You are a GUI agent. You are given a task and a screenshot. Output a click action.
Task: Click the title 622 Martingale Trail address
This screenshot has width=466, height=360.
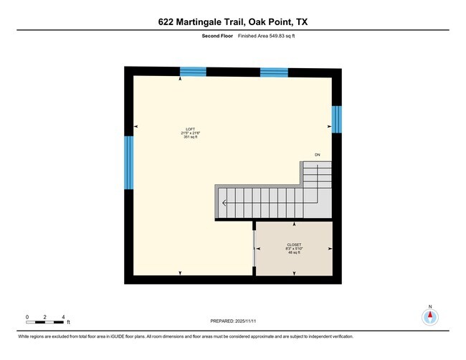pos(233,22)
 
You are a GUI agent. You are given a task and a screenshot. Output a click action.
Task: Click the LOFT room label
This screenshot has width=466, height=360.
pos(190,129)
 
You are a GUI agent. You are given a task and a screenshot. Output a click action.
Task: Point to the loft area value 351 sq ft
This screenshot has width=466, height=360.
pos(190,137)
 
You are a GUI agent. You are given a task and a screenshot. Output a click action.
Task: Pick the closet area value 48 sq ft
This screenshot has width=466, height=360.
pos(293,252)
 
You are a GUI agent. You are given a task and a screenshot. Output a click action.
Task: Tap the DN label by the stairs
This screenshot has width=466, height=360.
pos(317,155)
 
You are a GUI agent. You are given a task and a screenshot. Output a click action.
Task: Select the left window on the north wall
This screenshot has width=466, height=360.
pos(193,71)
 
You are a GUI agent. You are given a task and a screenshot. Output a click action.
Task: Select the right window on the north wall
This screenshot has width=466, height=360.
pos(273,71)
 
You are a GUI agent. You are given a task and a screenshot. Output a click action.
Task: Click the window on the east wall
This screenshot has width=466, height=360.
pos(336,120)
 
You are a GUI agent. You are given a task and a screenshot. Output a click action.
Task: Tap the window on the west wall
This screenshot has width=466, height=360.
pos(129,162)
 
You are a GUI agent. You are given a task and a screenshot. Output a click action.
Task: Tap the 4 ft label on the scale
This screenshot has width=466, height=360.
pos(65,316)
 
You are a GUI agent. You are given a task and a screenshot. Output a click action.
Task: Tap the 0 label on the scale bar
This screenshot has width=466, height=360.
pos(27,316)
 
